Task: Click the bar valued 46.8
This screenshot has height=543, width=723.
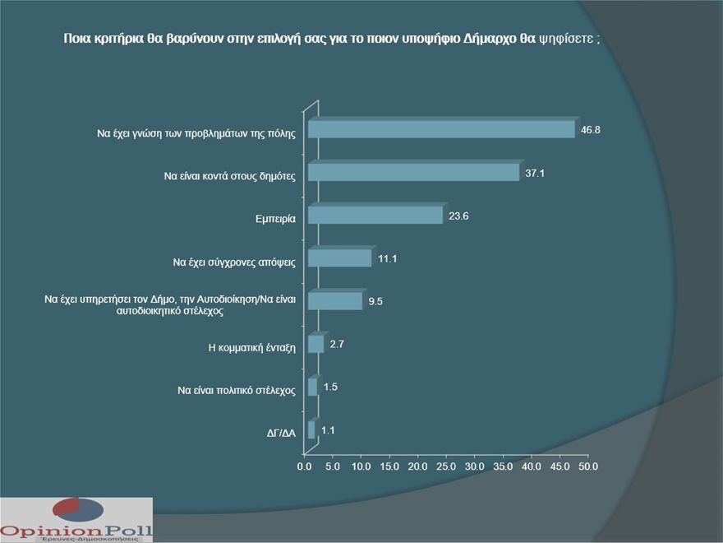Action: pyautogui.click(x=440, y=130)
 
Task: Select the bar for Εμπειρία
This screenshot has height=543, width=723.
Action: pyautogui.click(x=375, y=216)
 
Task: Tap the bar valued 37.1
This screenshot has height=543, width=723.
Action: pyautogui.click(x=413, y=173)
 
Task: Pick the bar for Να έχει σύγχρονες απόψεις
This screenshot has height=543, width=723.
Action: pyautogui.click(x=339, y=258)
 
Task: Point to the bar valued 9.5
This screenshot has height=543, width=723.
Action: pyautogui.click(x=334, y=301)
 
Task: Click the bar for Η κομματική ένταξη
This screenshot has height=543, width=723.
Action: pyautogui.click(x=315, y=344)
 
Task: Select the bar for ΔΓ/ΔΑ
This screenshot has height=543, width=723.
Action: pyautogui.click(x=311, y=430)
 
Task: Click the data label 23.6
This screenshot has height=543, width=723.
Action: pyautogui.click(x=458, y=216)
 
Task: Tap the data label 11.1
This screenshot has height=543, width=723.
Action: pyautogui.click(x=388, y=258)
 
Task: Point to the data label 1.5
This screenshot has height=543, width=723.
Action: pyautogui.click(x=330, y=387)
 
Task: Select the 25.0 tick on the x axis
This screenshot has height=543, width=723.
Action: pyautogui.click(x=446, y=466)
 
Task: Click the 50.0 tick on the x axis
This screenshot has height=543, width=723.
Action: pyautogui.click(x=588, y=466)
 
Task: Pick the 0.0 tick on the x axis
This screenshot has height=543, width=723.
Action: pyautogui.click(x=304, y=466)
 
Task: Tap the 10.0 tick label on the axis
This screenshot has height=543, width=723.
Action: pyautogui.click(x=361, y=466)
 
